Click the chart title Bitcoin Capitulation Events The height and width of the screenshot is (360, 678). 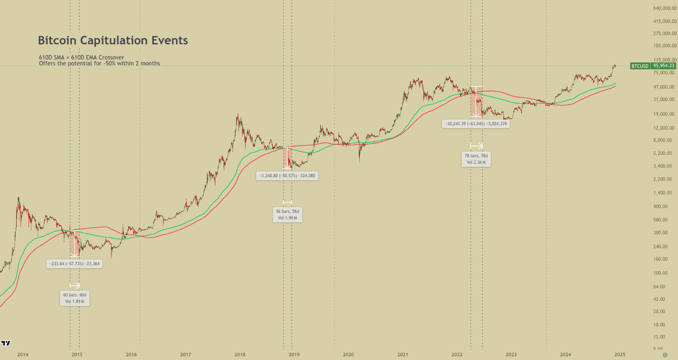tap(113, 40)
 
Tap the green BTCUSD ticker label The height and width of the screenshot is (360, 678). tap(640, 66)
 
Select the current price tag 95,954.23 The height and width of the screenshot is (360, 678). tap(664, 66)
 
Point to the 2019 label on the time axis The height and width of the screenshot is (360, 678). tap(294, 354)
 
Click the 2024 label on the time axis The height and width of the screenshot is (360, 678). tap(565, 354)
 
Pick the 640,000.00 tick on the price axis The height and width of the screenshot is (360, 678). tap(665, 8)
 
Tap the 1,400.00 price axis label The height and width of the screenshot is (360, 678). tap(662, 193)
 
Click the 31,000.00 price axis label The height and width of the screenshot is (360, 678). tap(664, 100)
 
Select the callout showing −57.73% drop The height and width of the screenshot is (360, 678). tap(74, 264)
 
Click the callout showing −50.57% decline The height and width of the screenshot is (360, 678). tap(287, 176)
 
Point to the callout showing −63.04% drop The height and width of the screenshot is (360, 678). tap(476, 124)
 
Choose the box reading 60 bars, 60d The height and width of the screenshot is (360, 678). tap(75, 298)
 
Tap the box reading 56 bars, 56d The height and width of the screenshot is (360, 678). tap(288, 215)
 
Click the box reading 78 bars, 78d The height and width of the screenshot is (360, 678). tap(476, 159)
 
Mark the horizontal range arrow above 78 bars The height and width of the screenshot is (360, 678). tap(476, 146)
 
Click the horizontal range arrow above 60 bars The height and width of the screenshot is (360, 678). tap(75, 286)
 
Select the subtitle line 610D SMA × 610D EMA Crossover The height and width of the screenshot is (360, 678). tap(81, 57)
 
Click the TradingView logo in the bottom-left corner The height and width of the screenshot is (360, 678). tap(6, 343)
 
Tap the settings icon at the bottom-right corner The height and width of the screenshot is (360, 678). tap(665, 355)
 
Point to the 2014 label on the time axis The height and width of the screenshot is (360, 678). tap(23, 354)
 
